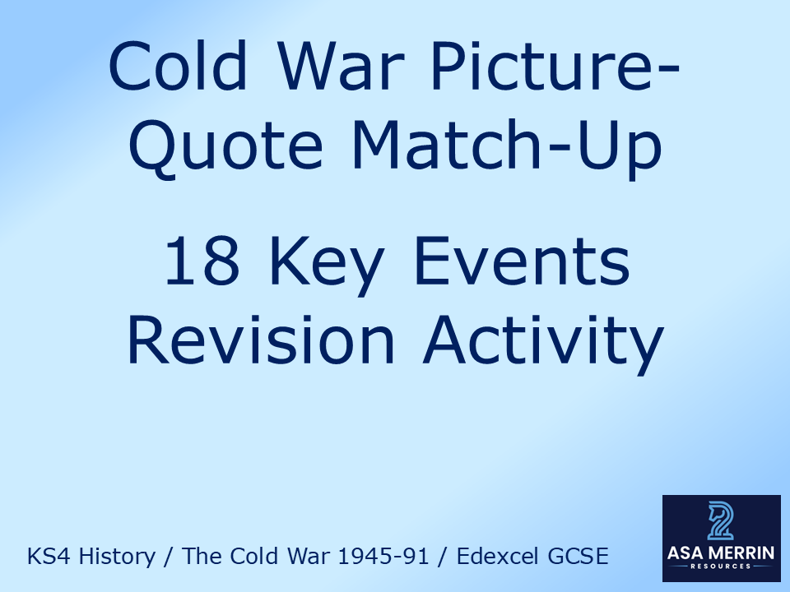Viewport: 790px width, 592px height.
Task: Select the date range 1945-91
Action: point(380,557)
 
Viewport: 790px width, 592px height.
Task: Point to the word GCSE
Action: point(579,557)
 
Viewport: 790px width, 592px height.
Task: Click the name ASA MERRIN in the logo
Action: point(721,553)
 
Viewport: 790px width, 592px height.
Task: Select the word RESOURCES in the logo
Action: point(721,568)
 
